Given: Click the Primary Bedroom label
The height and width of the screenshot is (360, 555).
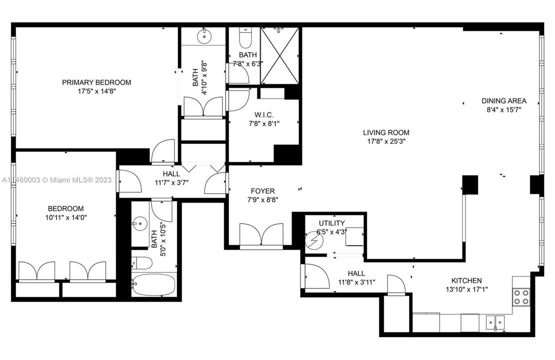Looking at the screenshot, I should [x=96, y=82].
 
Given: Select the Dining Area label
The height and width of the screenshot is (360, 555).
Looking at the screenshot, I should [x=503, y=100].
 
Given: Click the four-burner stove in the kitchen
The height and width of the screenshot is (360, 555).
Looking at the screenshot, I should [x=520, y=297].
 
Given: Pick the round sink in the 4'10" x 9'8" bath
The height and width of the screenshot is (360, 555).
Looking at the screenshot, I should [x=204, y=35].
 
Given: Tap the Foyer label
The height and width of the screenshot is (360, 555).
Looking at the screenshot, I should [x=262, y=191].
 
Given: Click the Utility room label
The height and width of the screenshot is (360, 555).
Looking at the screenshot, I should [x=331, y=223].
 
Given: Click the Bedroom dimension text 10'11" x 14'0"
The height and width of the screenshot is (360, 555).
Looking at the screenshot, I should [x=66, y=217].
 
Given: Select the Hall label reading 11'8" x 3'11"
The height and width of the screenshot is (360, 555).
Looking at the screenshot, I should [x=356, y=282].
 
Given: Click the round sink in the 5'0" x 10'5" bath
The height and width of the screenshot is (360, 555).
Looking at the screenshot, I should [x=138, y=222].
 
